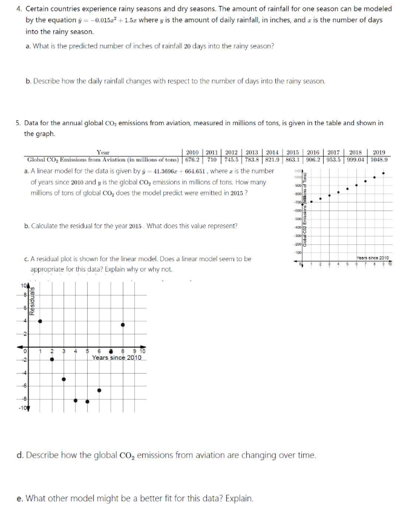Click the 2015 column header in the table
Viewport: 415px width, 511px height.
[x=293, y=152]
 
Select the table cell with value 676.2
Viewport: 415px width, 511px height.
[x=192, y=160]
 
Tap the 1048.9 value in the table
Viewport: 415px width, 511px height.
[x=379, y=160]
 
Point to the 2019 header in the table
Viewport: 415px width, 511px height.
[x=379, y=152]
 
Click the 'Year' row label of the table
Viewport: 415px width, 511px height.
[x=103, y=152]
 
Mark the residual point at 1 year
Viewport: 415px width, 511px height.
[x=40, y=321]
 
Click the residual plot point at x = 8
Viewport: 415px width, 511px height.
[x=123, y=325]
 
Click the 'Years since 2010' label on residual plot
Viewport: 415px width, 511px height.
[x=117, y=358]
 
